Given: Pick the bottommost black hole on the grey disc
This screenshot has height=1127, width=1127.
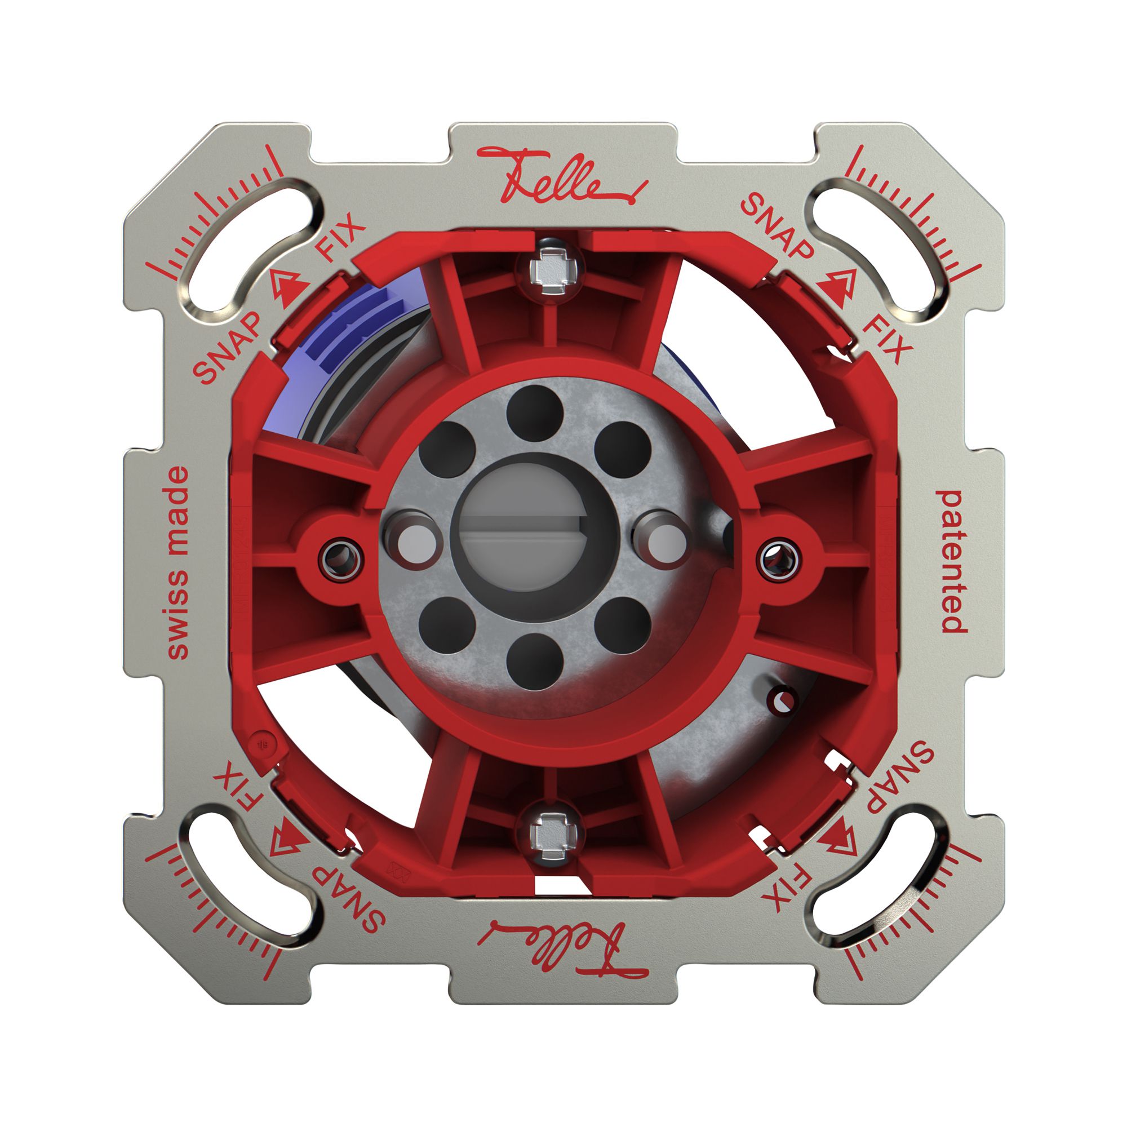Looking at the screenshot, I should click(x=534, y=662).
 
